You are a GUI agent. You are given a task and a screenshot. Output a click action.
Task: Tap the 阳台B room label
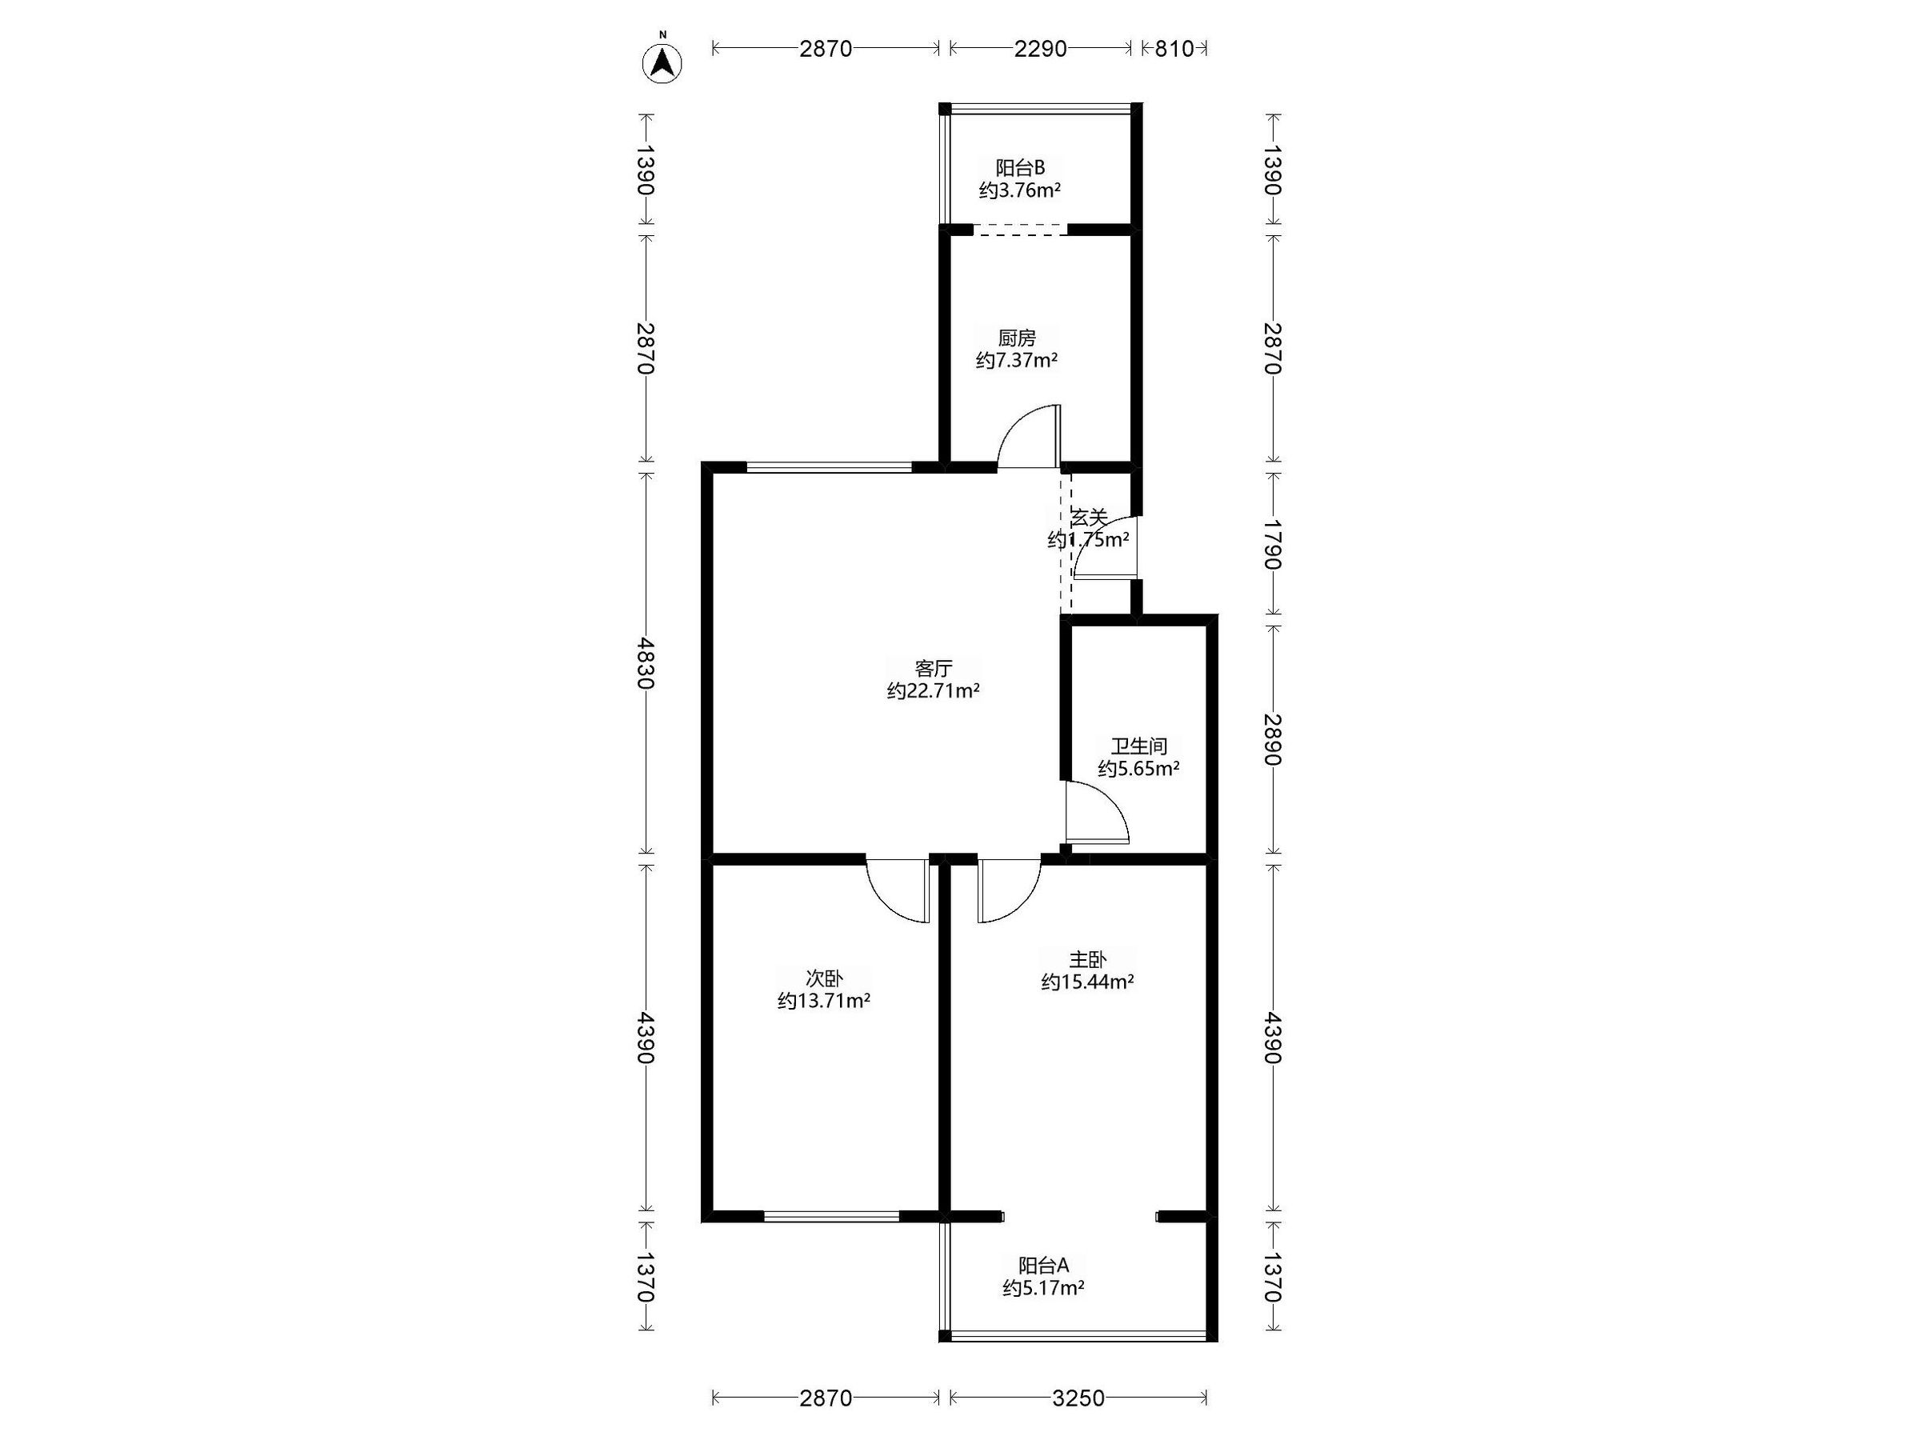pos(1020,167)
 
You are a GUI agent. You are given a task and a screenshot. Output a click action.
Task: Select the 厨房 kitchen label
pos(1017,338)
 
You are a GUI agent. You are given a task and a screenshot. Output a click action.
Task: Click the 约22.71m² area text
pos(933,691)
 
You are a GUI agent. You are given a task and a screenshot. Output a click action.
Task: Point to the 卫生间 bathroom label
pos(1139,746)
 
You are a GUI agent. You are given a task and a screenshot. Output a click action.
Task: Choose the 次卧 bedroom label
pos(824,978)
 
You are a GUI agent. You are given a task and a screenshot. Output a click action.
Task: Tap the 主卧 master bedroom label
pos(1087,959)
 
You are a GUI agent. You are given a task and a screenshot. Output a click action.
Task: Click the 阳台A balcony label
pos(1043,1265)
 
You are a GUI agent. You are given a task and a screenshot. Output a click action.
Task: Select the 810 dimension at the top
pos(1174,49)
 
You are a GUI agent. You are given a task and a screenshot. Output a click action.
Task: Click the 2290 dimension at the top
pos(1040,49)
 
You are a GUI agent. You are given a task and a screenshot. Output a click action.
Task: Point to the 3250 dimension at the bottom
pos(1078,1398)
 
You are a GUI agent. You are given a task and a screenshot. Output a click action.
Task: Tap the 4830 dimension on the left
pos(645,663)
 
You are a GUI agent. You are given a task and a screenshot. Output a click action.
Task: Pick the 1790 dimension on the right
pos(1273,544)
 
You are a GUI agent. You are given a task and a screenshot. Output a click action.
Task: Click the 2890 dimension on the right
pos(1273,739)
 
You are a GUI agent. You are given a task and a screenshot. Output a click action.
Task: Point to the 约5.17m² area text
pos(1043,1287)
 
